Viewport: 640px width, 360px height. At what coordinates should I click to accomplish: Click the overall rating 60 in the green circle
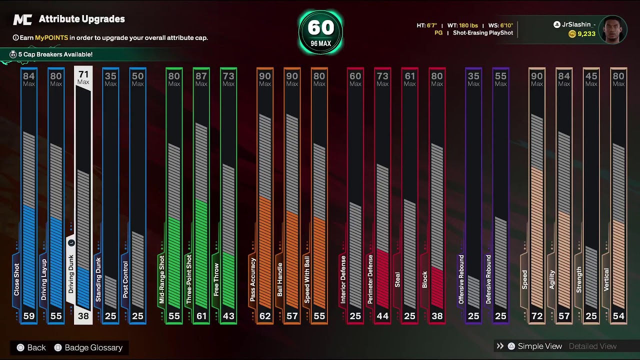coord(320,27)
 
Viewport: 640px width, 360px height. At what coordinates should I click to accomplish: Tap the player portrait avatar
coord(613,29)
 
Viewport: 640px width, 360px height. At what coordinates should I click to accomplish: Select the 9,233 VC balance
coord(586,34)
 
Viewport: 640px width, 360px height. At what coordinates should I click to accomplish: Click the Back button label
coord(36,347)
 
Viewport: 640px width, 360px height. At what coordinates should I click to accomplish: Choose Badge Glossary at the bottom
coord(93,347)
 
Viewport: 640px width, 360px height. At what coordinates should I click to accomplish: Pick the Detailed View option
coord(592,346)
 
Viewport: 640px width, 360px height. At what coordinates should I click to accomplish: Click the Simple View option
coord(539,346)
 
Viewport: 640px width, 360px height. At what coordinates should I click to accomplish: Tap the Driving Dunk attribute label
coord(71,274)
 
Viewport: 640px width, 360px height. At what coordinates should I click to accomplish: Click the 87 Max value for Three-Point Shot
coord(201,79)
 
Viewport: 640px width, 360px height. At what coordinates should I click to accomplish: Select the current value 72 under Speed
coord(537,316)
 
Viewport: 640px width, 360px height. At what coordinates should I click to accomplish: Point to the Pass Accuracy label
coord(252,279)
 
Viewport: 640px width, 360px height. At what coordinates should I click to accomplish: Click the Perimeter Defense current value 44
coord(382,316)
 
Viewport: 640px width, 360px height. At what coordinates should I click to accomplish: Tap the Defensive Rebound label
coord(488,279)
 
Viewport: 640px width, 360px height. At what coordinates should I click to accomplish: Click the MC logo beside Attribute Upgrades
coord(22,19)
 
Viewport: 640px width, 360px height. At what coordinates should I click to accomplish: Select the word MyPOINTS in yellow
coord(51,37)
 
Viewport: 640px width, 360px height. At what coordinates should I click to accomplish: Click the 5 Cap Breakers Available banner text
coord(55,54)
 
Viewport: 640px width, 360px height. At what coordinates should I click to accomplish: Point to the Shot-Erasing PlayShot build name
coord(483,33)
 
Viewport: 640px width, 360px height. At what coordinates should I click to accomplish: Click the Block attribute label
coord(424,279)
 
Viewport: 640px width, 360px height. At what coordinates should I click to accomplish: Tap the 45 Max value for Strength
coord(591,79)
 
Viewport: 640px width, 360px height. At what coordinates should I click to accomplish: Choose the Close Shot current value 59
coord(29,316)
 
